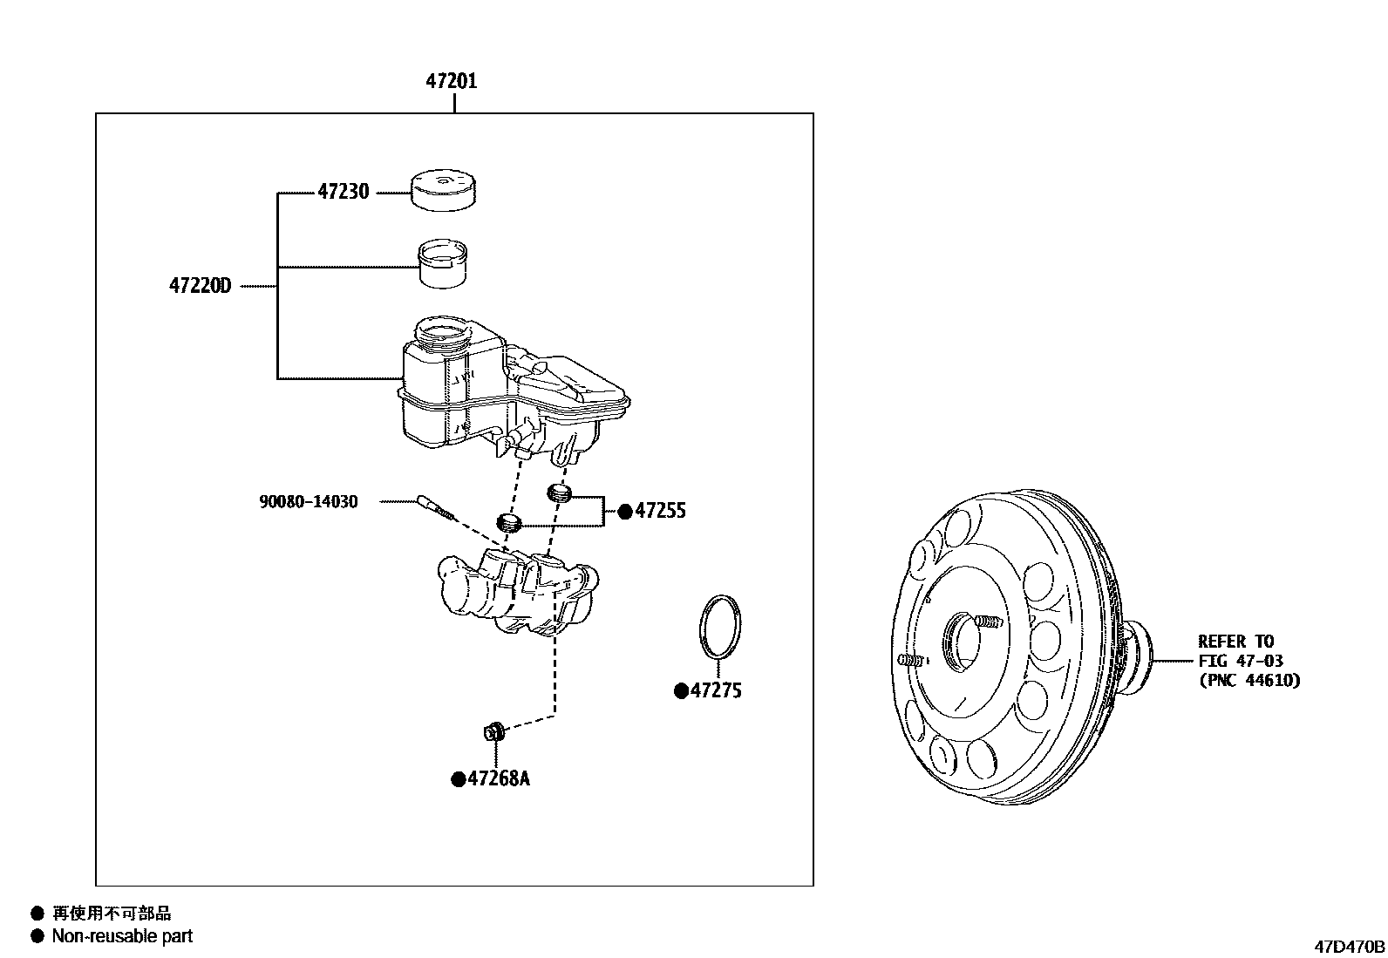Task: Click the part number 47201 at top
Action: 452,81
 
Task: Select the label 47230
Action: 343,192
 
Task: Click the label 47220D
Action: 200,286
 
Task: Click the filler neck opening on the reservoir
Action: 443,333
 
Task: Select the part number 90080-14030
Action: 308,502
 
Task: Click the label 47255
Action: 660,512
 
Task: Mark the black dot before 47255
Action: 624,513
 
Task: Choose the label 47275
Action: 716,691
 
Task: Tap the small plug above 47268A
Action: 494,731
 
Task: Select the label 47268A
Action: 498,778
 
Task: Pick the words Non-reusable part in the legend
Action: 122,936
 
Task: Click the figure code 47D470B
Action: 1350,946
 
